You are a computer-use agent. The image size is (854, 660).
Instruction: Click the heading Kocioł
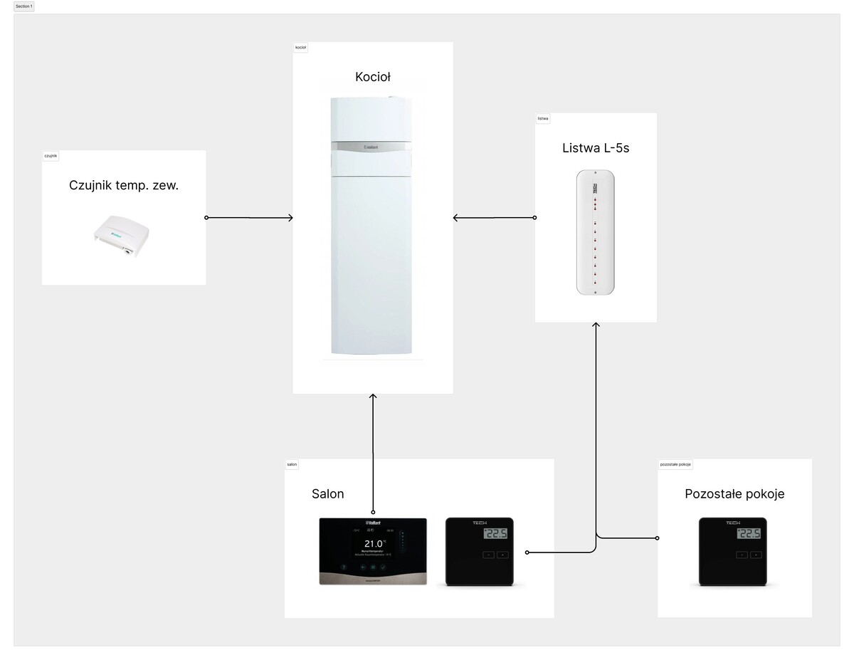coord(373,77)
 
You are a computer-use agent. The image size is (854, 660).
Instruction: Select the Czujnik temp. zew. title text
coord(124,185)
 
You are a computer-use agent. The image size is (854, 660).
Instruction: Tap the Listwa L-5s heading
coord(596,149)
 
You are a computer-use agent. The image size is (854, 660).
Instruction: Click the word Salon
coord(327,494)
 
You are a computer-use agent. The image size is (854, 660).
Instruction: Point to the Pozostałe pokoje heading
coord(734,494)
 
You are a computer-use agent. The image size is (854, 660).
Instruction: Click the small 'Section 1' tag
coord(23,6)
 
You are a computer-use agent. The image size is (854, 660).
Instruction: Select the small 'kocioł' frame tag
coord(300,48)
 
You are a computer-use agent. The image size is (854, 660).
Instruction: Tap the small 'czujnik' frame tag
coord(51,155)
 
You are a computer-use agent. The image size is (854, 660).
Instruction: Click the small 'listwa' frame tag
coord(543,118)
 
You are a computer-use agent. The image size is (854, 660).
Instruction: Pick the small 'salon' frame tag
coord(292,464)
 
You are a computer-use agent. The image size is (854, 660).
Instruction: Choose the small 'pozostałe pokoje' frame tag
coord(676,464)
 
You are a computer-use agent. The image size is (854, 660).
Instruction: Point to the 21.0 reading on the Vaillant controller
coord(372,543)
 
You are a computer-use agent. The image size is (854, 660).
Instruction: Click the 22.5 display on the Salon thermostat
coord(497,534)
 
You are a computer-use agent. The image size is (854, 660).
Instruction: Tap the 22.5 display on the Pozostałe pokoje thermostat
coord(749,534)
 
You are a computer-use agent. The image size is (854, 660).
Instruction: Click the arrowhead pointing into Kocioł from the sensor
coord(290,218)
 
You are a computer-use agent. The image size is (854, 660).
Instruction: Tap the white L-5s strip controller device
coord(596,232)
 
